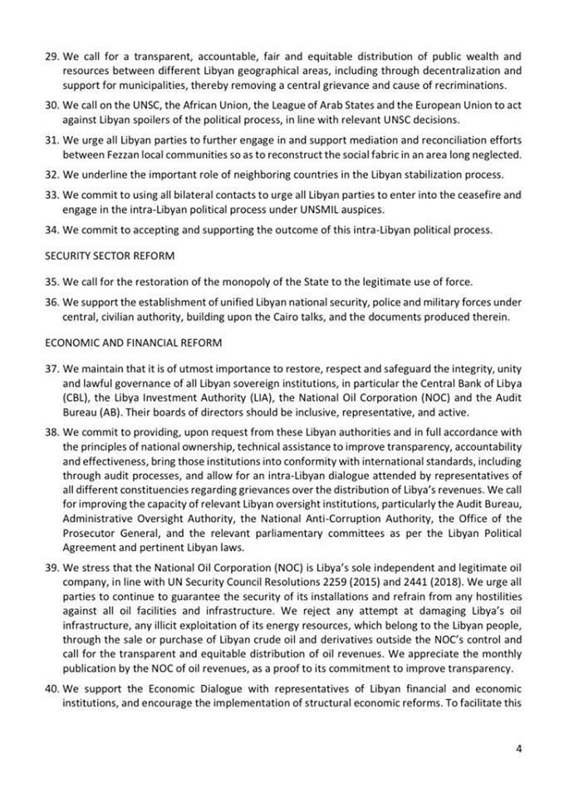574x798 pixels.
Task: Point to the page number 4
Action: point(518,749)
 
